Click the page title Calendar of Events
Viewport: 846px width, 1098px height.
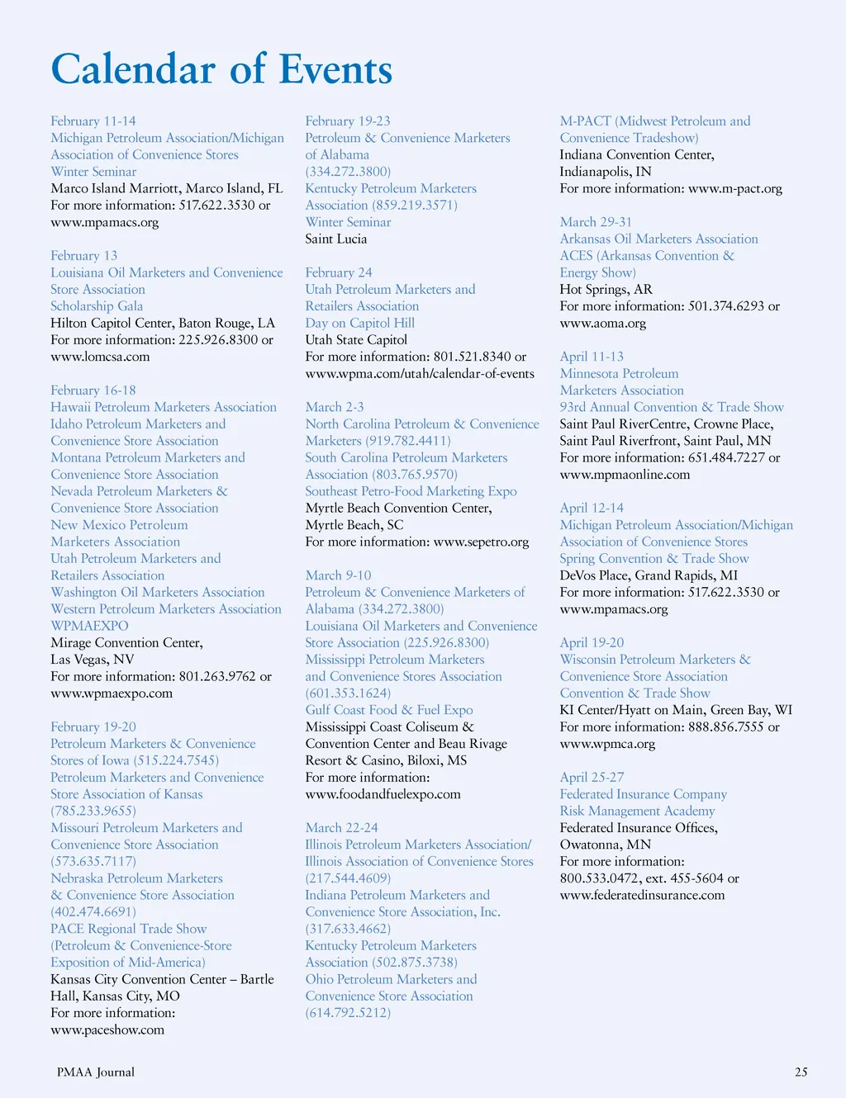(x=221, y=69)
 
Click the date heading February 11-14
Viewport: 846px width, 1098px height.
(x=93, y=121)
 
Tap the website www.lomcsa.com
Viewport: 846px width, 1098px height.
(x=100, y=357)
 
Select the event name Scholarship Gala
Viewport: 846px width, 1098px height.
(x=97, y=306)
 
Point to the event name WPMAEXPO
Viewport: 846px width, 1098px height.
(x=89, y=626)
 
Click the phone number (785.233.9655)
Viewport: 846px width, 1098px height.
(x=93, y=811)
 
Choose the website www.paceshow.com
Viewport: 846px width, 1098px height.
(x=107, y=1029)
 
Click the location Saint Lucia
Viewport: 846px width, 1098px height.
(x=336, y=239)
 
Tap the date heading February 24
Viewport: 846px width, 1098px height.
(x=339, y=272)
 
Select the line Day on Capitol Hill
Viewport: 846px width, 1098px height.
(x=360, y=323)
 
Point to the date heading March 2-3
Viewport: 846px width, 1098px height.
(x=335, y=407)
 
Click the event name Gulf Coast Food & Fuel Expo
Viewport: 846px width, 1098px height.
(x=389, y=710)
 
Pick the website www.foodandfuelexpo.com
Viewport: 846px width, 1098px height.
(x=383, y=794)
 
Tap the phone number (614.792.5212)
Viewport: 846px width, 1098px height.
(x=348, y=1012)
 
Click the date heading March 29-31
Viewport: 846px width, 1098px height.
(x=596, y=222)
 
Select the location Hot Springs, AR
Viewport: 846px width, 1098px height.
(x=606, y=289)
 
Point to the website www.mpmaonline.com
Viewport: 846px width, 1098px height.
(x=625, y=475)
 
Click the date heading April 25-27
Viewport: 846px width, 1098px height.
(x=592, y=778)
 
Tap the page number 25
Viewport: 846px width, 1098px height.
(x=801, y=1072)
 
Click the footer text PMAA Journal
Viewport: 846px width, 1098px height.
(x=96, y=1072)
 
